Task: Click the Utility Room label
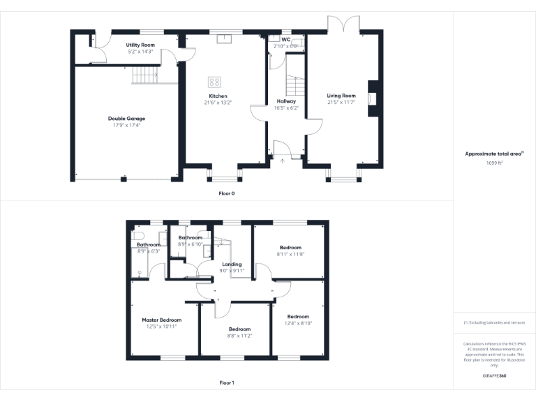(x=140, y=45)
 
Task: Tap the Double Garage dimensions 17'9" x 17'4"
(x=126, y=125)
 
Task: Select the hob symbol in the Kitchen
(x=214, y=82)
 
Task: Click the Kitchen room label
(x=218, y=96)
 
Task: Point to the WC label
(x=285, y=40)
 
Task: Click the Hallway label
(x=286, y=101)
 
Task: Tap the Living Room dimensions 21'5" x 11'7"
(x=341, y=102)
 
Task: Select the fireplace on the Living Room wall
(x=372, y=98)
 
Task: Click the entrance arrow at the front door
(x=282, y=161)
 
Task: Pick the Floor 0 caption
(x=227, y=193)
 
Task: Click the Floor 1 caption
(x=227, y=382)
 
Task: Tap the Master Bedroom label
(x=161, y=320)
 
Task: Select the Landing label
(x=232, y=265)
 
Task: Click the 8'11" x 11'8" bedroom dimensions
(x=290, y=254)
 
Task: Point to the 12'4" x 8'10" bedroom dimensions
(x=298, y=322)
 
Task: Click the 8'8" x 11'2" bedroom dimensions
(x=239, y=336)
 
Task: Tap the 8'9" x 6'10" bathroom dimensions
(x=190, y=244)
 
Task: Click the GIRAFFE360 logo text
(x=494, y=375)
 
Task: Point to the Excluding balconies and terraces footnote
(x=494, y=322)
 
